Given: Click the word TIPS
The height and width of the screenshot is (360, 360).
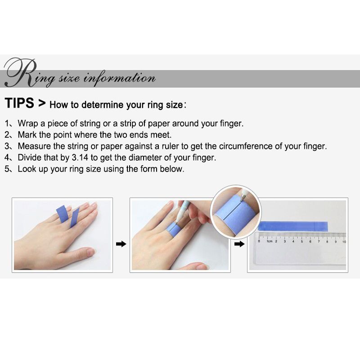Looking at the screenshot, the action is pos(19,103).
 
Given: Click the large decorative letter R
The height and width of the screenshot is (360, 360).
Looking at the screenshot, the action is pos(21,72).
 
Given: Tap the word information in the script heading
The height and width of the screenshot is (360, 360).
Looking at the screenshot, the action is pos(119,78).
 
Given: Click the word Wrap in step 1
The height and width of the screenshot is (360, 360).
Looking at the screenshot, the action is pos(28,124).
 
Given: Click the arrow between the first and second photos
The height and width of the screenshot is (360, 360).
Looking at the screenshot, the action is pos(121,244).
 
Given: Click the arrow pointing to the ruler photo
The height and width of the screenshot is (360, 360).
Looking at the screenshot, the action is pos(239,244).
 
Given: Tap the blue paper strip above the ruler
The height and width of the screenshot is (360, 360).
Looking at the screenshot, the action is pos(293,226).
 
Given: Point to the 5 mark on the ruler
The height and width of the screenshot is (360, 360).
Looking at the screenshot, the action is pos(301,242).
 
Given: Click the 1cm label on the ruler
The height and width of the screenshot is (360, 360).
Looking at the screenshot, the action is pos(269,241).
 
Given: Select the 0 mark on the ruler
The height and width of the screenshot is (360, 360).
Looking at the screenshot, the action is pos(259,241).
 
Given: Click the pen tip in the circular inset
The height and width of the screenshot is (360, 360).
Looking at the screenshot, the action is pos(242,199).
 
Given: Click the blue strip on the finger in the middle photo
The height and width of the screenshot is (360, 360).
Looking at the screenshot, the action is pos(173,229).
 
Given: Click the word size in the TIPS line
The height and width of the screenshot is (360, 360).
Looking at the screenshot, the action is pos(174,105).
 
